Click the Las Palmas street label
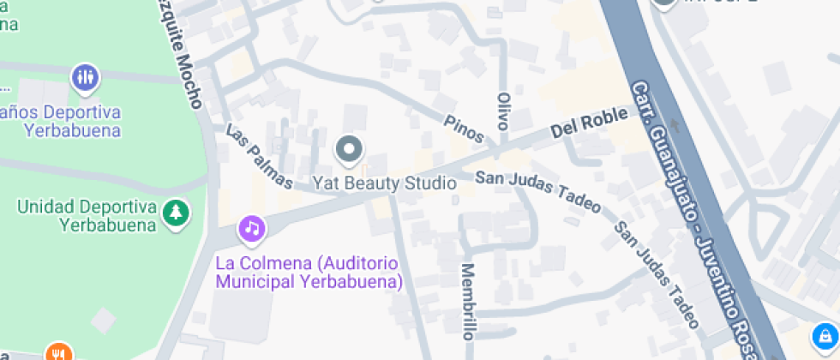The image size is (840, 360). tap(259, 157)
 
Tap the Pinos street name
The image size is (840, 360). tap(464, 129)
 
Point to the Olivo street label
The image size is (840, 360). tap(503, 111)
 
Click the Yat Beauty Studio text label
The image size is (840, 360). tap(383, 183)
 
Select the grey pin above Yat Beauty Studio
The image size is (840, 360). tap(349, 151)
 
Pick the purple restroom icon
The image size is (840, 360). tap(85, 78)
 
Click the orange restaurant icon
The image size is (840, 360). tap(58, 353)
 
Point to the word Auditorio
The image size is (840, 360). tap(359, 262)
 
